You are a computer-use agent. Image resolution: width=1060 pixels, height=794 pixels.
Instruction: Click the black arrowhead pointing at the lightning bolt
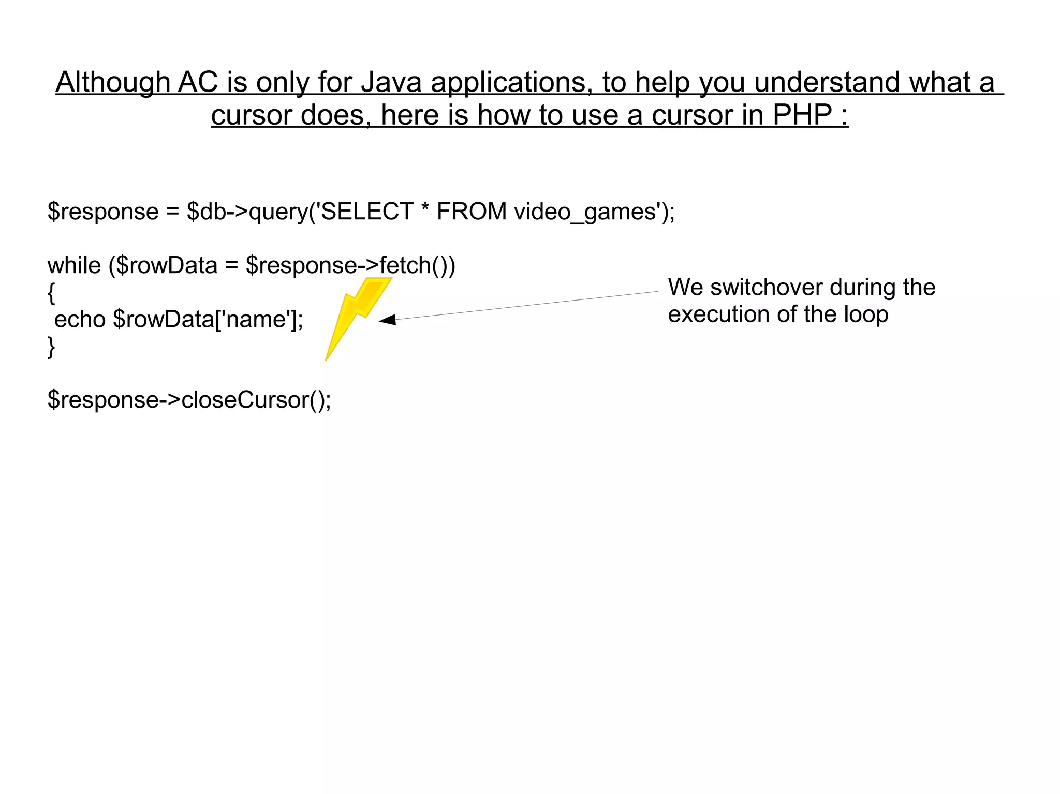coord(388,320)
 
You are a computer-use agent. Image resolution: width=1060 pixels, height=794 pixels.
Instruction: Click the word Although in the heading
coord(113,82)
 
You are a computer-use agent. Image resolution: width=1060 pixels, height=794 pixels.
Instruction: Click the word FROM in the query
coord(472,211)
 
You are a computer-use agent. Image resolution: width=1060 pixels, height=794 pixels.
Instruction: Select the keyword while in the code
coord(74,265)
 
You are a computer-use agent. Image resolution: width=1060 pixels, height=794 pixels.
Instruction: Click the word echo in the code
coord(80,319)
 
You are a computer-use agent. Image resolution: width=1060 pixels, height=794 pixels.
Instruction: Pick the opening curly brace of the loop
coord(51,293)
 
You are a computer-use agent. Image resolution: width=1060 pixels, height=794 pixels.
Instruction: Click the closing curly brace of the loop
coord(51,347)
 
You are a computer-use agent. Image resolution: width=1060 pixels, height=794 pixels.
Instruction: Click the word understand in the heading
coord(827,82)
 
